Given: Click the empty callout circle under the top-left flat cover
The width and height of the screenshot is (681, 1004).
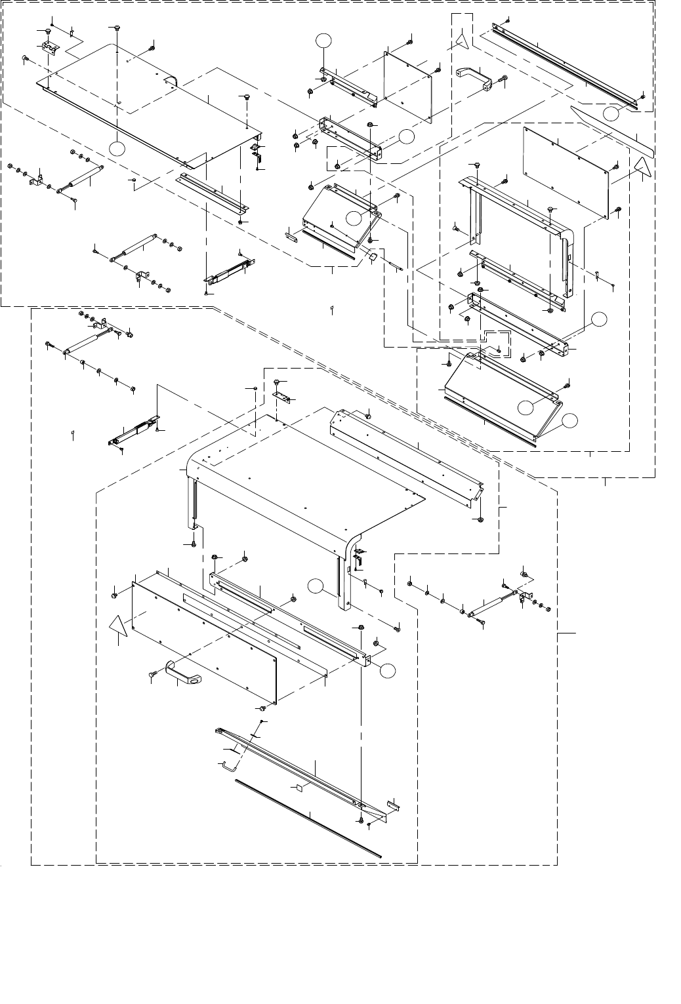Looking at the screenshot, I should pos(117,149).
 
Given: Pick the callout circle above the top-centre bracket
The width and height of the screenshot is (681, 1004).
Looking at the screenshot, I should pos(322,41).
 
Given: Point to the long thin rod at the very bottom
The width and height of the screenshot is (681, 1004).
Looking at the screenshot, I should pos(308,817).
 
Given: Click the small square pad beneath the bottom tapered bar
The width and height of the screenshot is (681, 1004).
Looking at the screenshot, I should pos(295,787).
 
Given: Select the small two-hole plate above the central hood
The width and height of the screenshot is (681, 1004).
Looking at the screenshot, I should pos(280,397).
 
